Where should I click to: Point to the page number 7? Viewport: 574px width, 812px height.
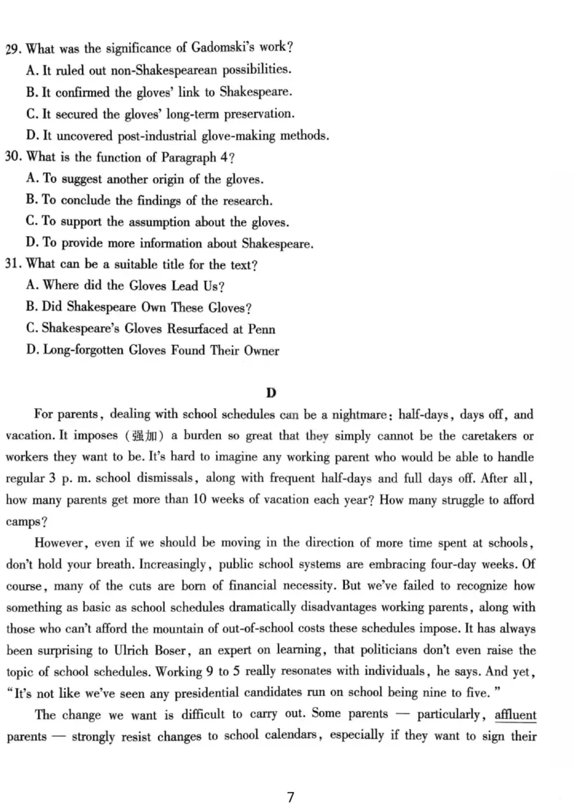pyautogui.click(x=290, y=798)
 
